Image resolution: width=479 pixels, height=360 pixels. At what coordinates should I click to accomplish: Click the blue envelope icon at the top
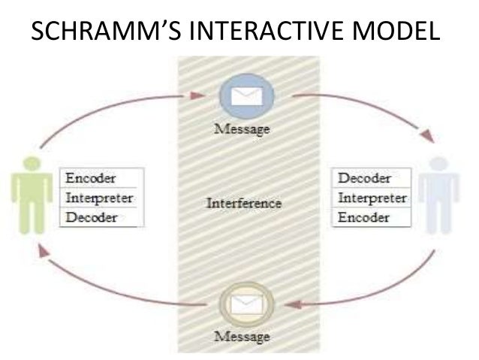pyautogui.click(x=246, y=96)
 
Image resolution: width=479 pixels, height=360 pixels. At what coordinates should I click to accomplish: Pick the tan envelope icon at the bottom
pyautogui.click(x=245, y=304)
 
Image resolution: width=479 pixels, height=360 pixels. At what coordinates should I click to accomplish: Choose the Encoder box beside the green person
pyautogui.click(x=91, y=178)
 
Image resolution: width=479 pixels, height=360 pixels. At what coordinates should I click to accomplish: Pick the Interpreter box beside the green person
pyautogui.click(x=100, y=198)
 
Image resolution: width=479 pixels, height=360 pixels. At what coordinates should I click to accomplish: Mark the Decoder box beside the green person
pyautogui.click(x=91, y=218)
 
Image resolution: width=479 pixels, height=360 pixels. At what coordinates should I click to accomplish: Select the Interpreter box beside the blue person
pyautogui.click(x=373, y=198)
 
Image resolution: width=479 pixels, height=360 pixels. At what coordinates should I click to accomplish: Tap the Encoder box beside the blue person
pyautogui.click(x=364, y=218)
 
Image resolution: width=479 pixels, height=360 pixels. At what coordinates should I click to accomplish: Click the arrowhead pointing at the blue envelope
pyautogui.click(x=199, y=95)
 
